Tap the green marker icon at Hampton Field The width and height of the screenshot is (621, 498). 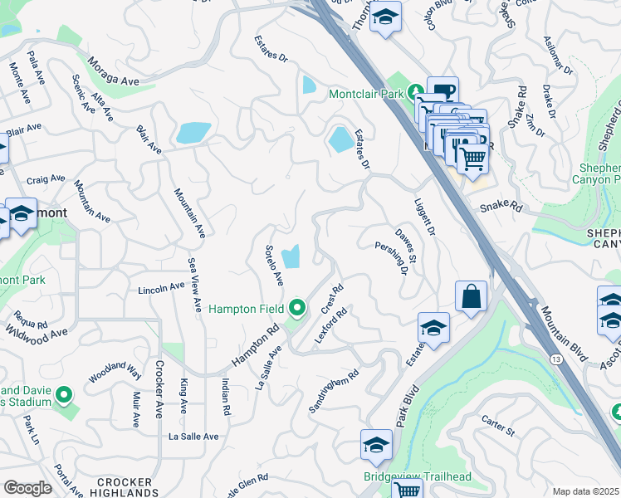point(298,309)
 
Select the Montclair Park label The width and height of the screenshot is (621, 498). point(366,94)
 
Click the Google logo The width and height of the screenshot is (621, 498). point(27,488)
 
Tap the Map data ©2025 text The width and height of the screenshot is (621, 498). point(585,491)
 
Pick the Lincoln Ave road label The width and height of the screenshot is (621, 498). point(161,288)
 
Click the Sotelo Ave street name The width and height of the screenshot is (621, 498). point(275,266)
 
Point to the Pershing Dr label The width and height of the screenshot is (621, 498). point(394,258)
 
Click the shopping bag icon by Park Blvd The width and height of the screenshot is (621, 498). point(471,296)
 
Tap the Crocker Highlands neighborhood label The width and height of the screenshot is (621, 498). point(124,487)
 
